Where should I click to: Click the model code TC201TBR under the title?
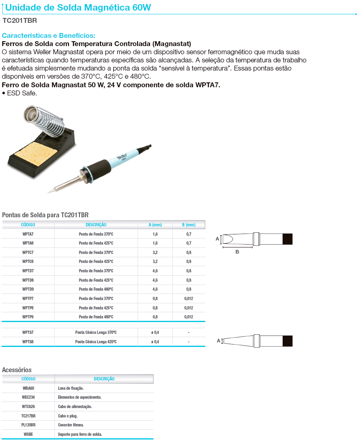pos(20,20)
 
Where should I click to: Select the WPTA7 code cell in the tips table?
pos(28,234)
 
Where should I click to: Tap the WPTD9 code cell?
pos(28,289)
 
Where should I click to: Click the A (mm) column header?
pos(155,225)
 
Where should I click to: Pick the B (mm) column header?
pos(189,225)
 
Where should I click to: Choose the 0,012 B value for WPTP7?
pos(189,298)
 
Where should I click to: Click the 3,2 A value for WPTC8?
pos(155,261)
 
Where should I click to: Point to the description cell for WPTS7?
pos(96,332)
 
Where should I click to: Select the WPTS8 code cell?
pos(28,342)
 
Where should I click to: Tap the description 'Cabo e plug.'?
pos(68,416)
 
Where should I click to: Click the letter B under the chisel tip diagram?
pos(237,252)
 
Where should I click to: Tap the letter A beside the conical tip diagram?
pos(218,340)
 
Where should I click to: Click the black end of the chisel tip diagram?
pos(287,239)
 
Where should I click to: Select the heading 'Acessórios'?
pos(17,370)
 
